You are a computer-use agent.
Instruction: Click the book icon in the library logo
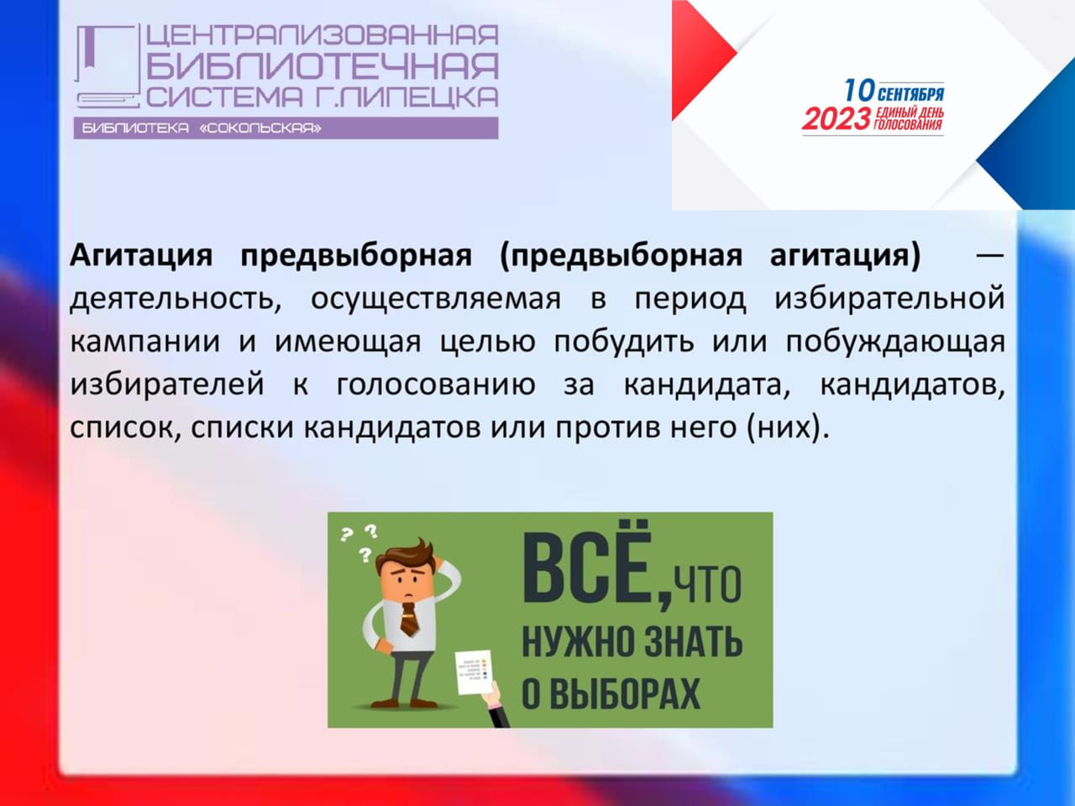105,66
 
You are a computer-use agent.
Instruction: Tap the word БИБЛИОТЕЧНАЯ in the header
322,66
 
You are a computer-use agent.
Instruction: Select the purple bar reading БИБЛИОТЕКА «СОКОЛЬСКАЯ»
286,128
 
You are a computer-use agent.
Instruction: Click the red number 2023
836,119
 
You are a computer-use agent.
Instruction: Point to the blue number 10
859,91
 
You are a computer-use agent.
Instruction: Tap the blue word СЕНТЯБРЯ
911,94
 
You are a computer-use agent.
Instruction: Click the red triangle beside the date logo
704,60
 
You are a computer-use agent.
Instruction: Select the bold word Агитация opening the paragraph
141,255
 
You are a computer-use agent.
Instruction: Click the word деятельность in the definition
176,299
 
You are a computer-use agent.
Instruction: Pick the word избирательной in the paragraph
889,298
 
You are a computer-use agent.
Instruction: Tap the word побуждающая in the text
895,342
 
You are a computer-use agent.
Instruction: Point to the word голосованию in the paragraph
436,385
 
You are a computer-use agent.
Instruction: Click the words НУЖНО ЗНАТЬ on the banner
632,642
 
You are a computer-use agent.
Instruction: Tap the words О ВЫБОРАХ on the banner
611,694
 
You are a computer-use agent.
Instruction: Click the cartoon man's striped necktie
409,619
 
